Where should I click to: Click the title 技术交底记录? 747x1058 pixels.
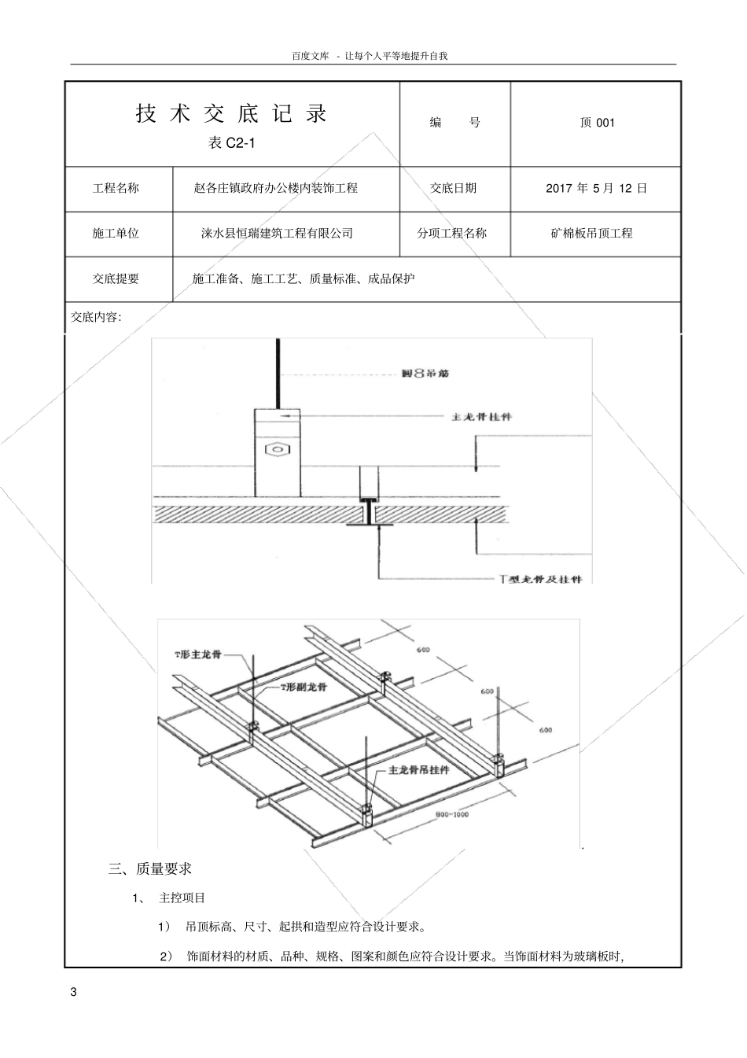(232, 114)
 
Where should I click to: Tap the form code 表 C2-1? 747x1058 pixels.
(232, 143)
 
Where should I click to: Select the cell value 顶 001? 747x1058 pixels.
(597, 123)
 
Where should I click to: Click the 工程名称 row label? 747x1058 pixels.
(116, 188)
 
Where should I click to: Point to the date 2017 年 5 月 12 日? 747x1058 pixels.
(596, 188)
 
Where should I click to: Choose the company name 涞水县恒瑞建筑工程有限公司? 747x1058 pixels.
(277, 234)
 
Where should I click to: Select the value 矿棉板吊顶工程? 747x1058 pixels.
(591, 234)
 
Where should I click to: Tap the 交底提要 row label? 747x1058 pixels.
(116, 278)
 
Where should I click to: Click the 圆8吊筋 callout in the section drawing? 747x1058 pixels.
(425, 374)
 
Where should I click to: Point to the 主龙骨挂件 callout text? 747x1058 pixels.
(481, 416)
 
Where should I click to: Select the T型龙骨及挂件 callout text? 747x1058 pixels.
(541, 579)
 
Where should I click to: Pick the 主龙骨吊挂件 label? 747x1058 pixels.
(419, 770)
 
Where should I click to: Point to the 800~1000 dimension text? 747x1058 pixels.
(451, 815)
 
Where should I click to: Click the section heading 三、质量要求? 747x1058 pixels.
(150, 869)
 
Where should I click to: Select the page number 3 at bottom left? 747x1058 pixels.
(74, 991)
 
